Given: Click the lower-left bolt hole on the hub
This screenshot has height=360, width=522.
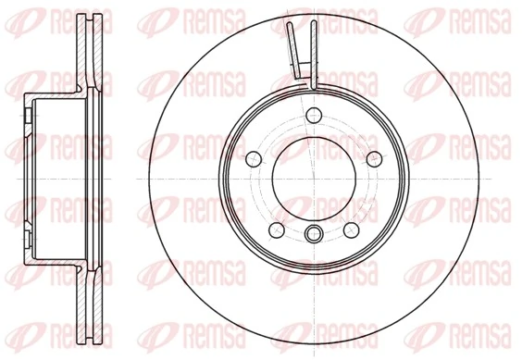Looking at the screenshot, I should (x=275, y=229).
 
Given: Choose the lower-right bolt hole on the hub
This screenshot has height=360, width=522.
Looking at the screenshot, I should (x=351, y=229).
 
